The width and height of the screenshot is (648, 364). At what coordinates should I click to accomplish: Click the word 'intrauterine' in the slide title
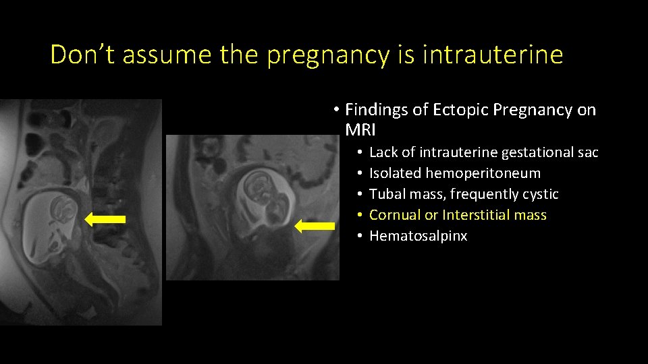pos(492,55)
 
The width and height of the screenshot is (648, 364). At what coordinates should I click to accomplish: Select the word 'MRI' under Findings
pos(362,129)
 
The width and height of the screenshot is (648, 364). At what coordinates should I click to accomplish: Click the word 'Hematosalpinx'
pos(418,236)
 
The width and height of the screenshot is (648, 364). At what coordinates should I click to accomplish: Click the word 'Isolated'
pos(396,173)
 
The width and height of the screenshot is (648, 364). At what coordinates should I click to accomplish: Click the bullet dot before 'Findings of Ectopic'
pos(335,110)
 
